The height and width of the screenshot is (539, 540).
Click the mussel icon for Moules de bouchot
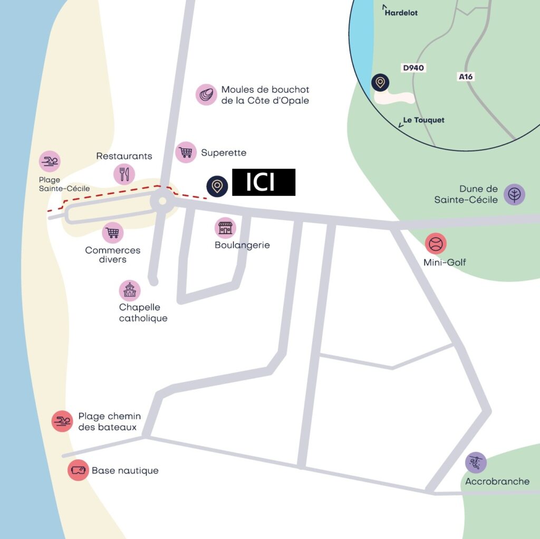[x=206, y=95]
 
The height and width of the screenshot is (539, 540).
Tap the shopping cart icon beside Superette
[x=186, y=153]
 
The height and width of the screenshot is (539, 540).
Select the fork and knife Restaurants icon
[x=124, y=174]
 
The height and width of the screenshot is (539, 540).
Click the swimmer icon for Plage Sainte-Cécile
[x=50, y=162]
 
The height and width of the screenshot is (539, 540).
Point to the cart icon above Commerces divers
[x=112, y=232]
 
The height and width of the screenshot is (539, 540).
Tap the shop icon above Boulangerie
[x=225, y=228]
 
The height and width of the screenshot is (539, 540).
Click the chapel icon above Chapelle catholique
[x=130, y=290]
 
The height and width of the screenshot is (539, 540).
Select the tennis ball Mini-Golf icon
[x=436, y=244]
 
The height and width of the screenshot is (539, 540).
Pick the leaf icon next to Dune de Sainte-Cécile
[x=514, y=194]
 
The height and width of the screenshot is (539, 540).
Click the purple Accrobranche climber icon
[x=476, y=462]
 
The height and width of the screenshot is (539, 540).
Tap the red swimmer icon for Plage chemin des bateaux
[x=62, y=421]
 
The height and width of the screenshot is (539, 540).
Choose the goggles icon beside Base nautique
[x=79, y=470]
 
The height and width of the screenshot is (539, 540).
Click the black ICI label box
[x=264, y=182]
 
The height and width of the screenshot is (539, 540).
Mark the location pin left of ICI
[x=217, y=186]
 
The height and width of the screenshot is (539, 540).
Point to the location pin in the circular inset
[x=380, y=83]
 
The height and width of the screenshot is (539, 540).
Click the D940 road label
[x=413, y=68]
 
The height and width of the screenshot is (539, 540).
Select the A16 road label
[x=466, y=77]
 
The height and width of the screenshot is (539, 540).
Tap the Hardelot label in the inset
[x=400, y=12]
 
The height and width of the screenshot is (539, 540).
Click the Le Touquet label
[x=423, y=120]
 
